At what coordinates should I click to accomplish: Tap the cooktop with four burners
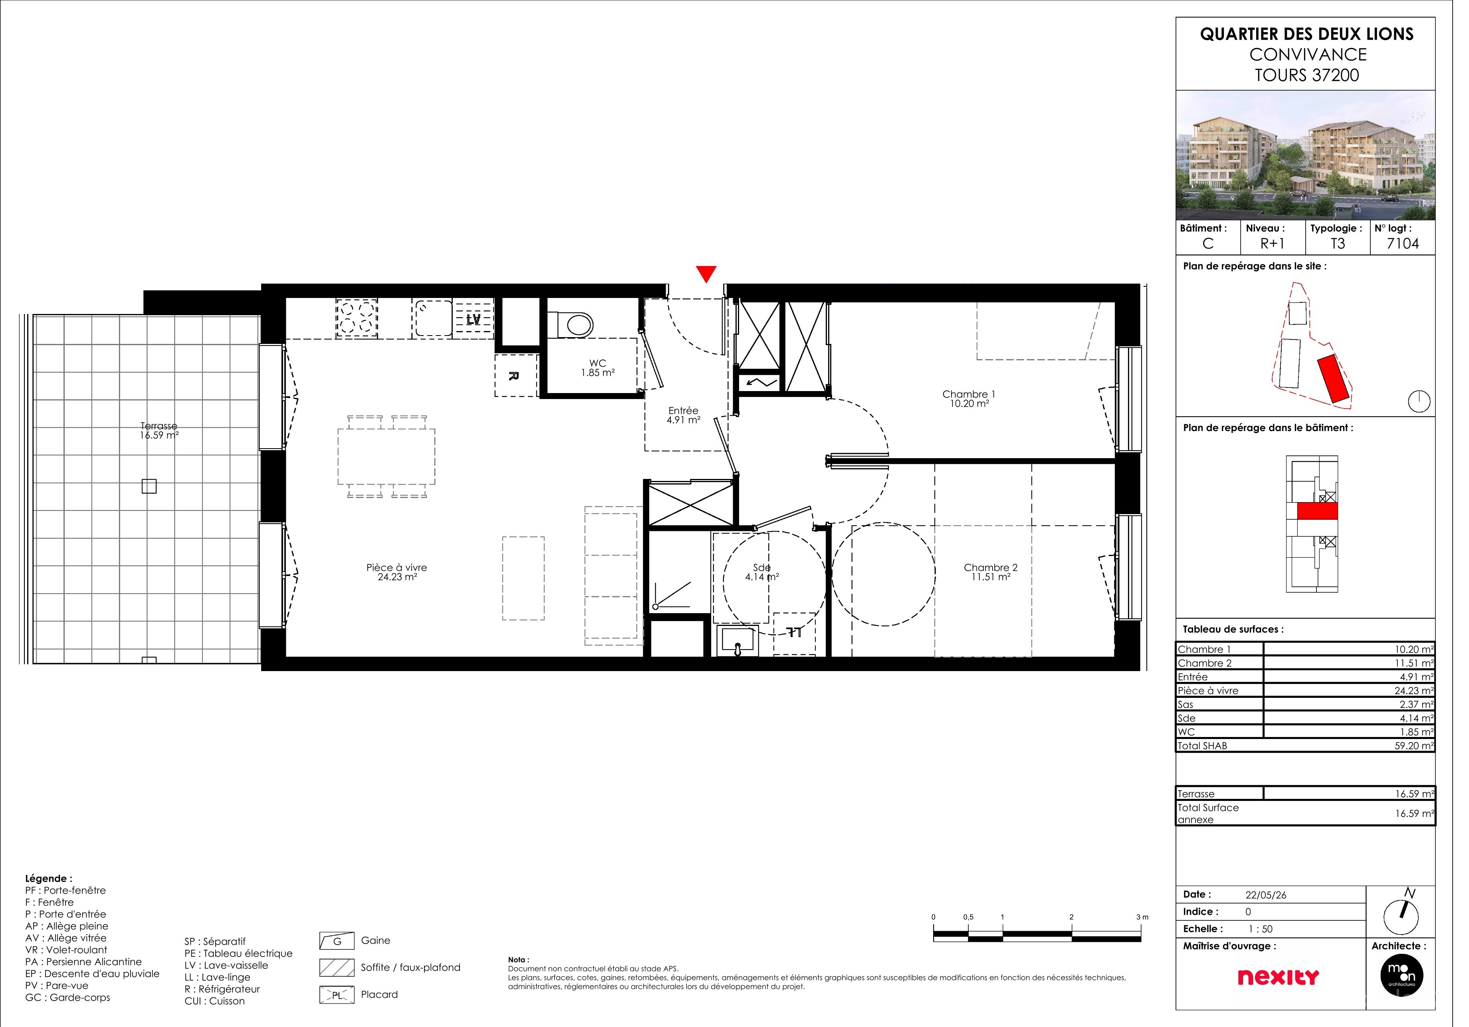click(357, 318)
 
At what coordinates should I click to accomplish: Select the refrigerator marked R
click(515, 375)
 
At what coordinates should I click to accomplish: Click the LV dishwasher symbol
click(474, 319)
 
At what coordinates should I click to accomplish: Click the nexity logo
click(1278, 977)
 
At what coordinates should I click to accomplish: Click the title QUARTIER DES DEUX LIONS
click(1306, 34)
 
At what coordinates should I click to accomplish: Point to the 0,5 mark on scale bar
click(968, 917)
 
